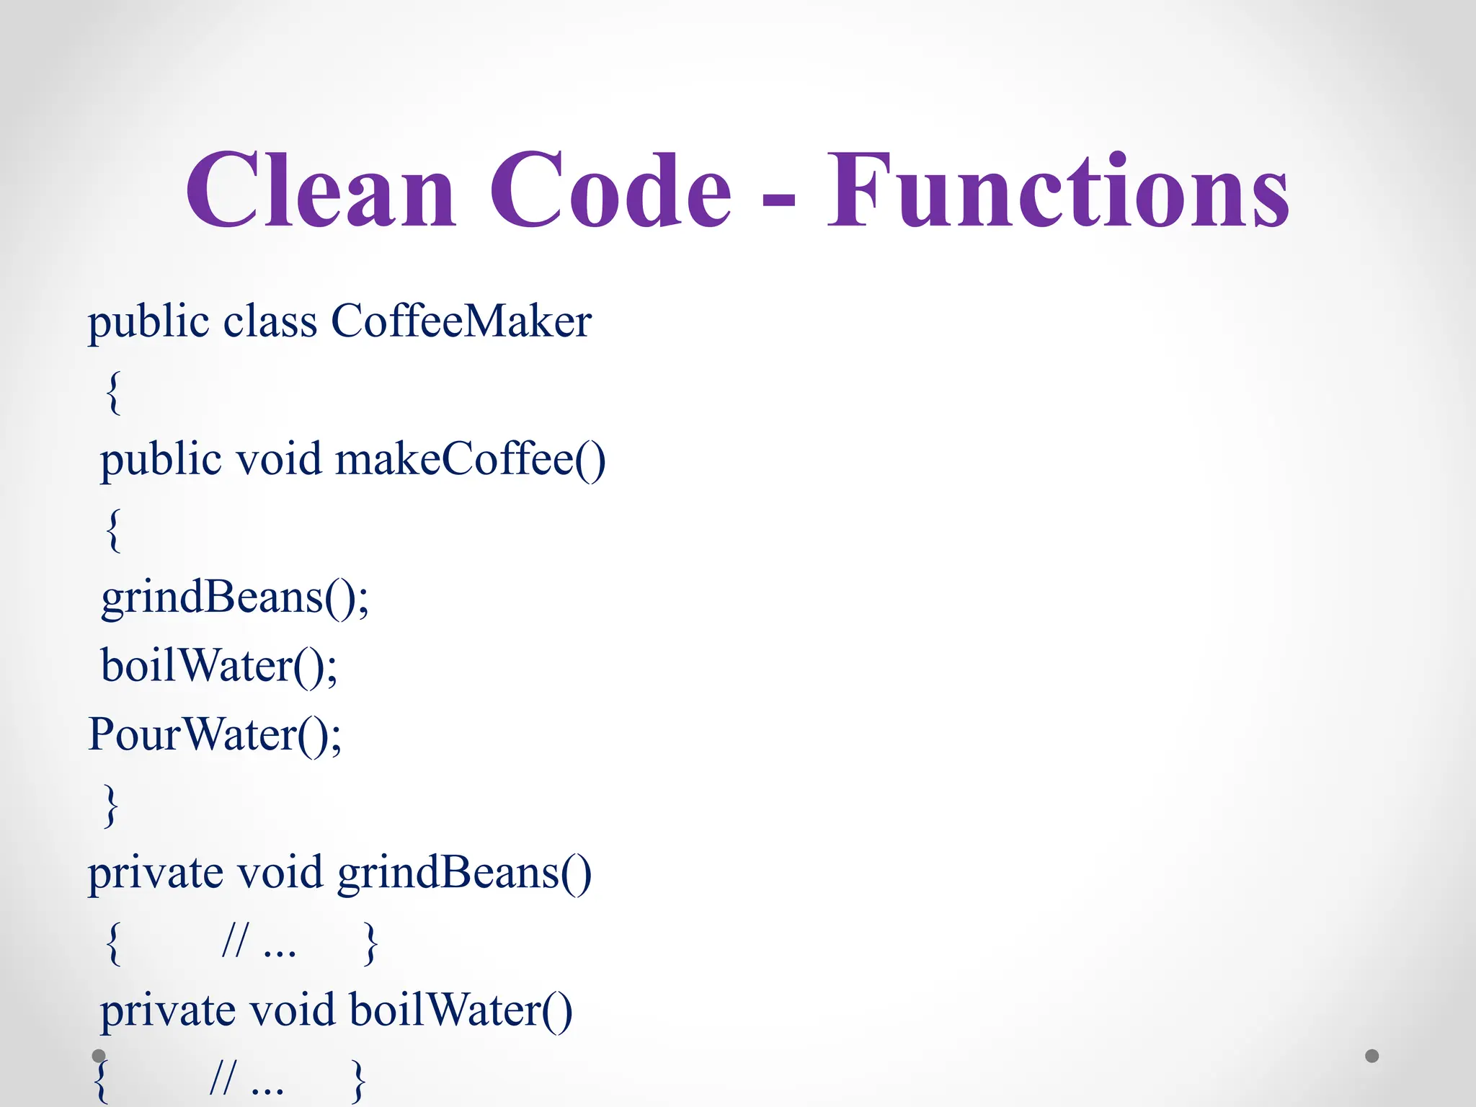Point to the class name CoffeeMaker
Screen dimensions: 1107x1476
[x=461, y=321]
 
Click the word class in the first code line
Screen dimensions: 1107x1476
[x=270, y=321]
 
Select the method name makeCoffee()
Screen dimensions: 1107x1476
[x=471, y=459]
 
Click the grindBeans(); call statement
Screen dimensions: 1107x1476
[x=235, y=598]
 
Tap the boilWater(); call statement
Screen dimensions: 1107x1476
[x=219, y=665]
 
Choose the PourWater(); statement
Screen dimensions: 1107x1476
[x=215, y=735]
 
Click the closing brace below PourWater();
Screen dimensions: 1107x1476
[x=110, y=805]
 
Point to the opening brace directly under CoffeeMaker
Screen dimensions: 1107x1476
[x=113, y=393]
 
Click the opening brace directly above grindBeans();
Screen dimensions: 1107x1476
[x=113, y=530]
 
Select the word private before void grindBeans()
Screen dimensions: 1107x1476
[x=155, y=873]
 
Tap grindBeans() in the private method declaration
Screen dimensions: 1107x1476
[x=464, y=873]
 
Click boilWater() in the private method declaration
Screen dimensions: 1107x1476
[x=461, y=1010]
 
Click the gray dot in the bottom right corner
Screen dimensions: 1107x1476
[x=1371, y=1056]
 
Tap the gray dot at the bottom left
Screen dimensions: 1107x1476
[x=99, y=1056]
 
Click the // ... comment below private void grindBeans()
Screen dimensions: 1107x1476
[x=259, y=942]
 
